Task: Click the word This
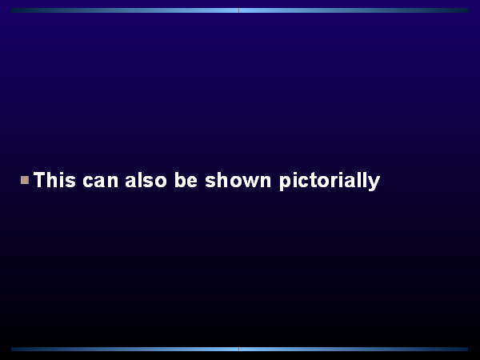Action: (x=54, y=179)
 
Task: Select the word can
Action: (x=101, y=181)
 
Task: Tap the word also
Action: (x=146, y=179)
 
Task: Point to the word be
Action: (x=186, y=179)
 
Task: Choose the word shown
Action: (x=238, y=179)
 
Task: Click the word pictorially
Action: (x=330, y=181)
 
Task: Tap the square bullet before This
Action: (x=25, y=180)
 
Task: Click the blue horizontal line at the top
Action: (x=240, y=10)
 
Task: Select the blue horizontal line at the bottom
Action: (x=240, y=350)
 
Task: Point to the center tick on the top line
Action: (x=238, y=10)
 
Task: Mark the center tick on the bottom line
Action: (x=238, y=350)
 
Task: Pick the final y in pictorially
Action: (x=374, y=182)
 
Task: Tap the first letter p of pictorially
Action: (x=285, y=182)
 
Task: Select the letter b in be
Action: (x=180, y=179)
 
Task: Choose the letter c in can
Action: (x=88, y=181)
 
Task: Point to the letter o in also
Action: (x=161, y=181)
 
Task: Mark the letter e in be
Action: (x=192, y=181)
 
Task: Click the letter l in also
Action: (x=139, y=179)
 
